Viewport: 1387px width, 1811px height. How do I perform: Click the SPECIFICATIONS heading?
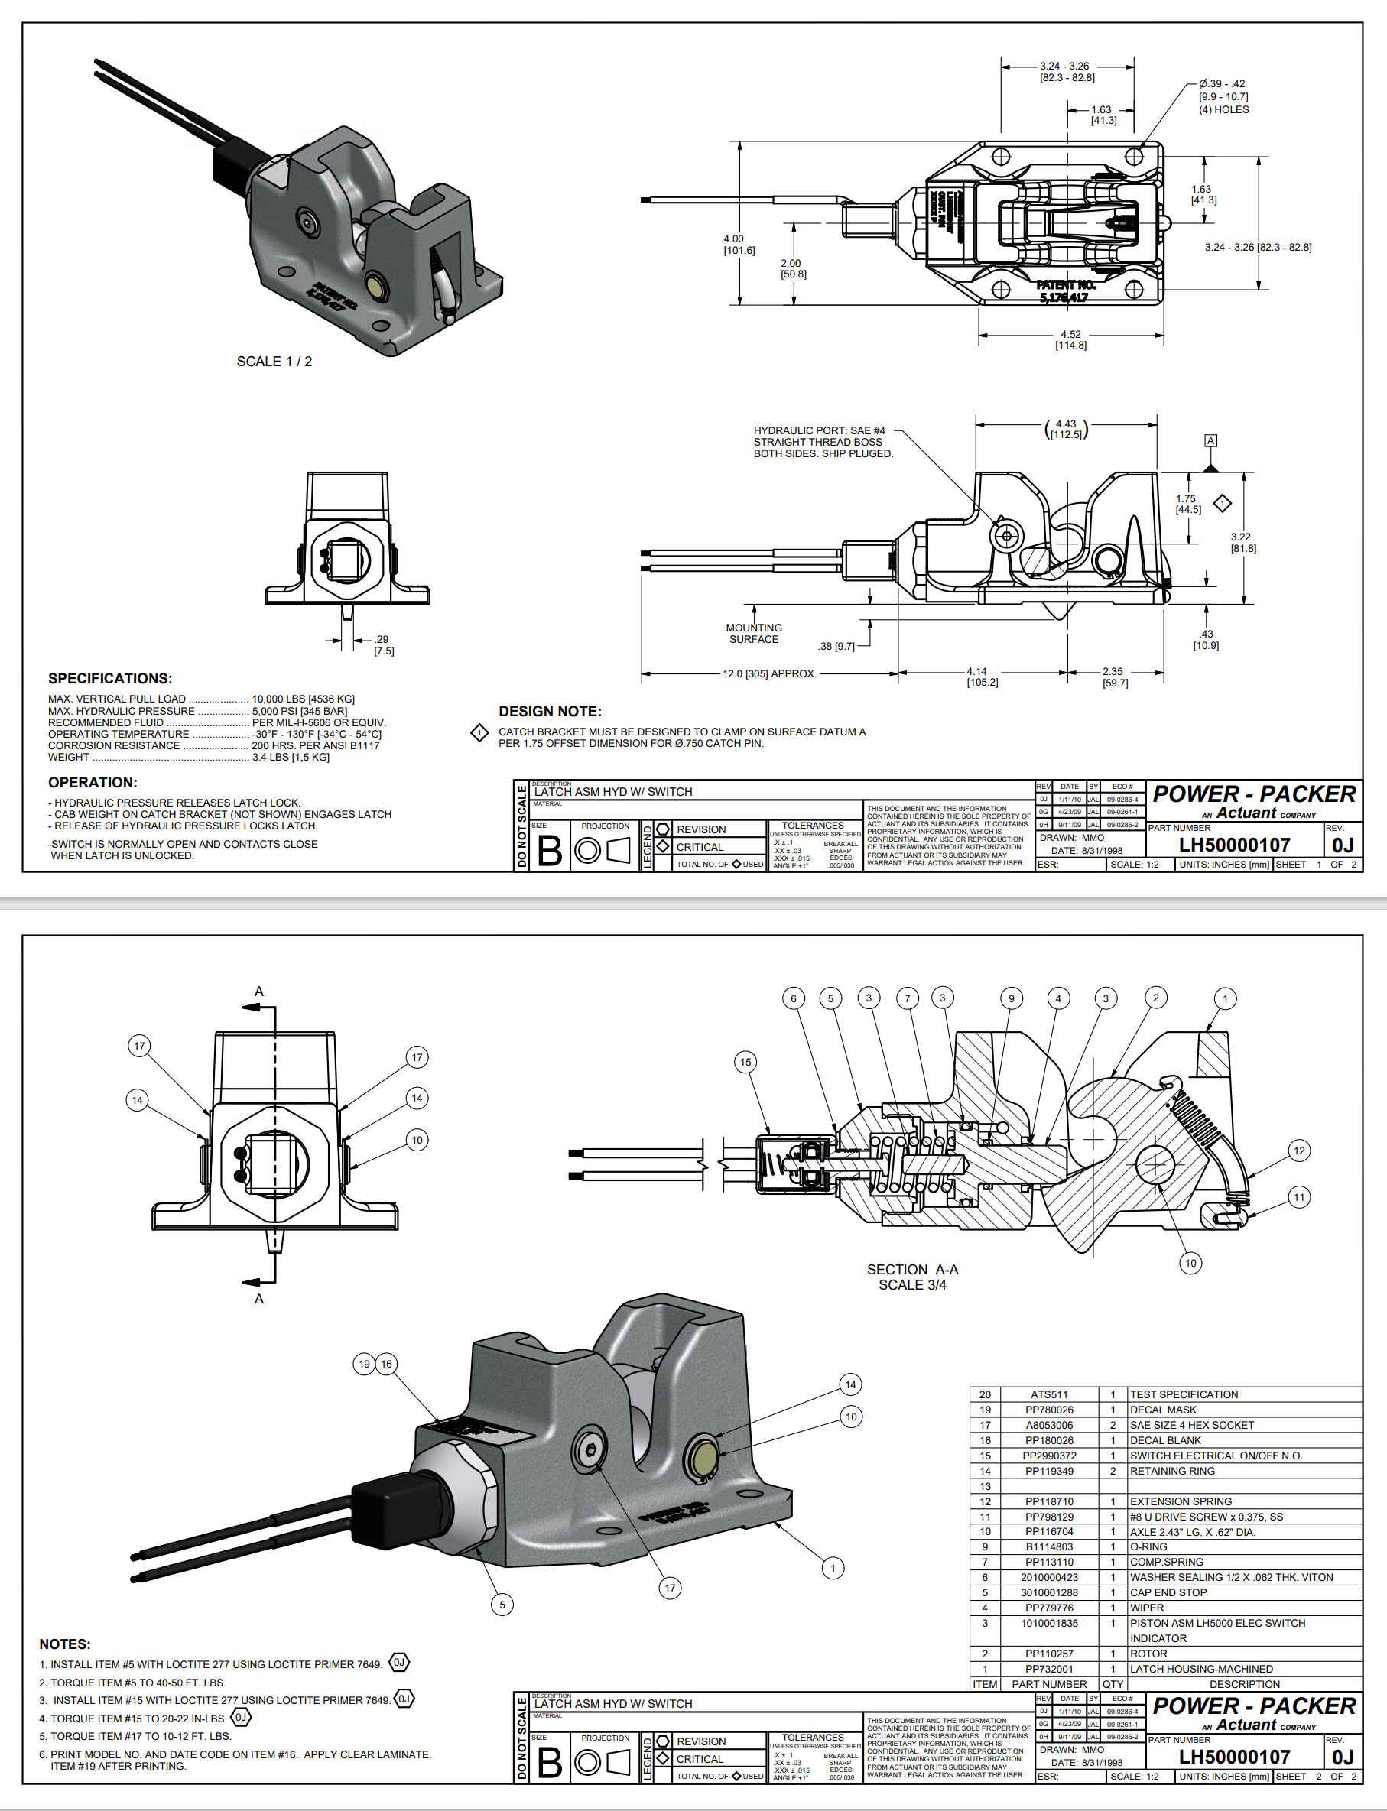(x=110, y=679)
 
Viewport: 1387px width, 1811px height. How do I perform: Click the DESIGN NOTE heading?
(x=550, y=712)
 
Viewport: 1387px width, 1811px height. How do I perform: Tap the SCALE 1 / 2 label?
(x=274, y=362)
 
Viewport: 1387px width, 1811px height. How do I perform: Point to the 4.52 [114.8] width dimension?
(x=1070, y=340)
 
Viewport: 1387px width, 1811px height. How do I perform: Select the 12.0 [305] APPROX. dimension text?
(x=769, y=673)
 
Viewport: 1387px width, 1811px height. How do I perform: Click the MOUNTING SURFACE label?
(x=754, y=634)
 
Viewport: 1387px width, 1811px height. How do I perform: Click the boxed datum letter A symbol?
(x=1210, y=441)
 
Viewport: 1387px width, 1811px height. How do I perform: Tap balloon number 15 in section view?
(x=745, y=1063)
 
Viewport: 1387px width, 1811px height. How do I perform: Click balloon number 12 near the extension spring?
(x=1300, y=1151)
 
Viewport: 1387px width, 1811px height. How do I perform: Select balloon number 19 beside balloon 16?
(x=364, y=1364)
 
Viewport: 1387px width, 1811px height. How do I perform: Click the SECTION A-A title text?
(x=912, y=1270)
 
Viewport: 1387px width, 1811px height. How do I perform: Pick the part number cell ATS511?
(x=1049, y=1394)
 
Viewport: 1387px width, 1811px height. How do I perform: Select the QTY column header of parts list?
(x=1113, y=1684)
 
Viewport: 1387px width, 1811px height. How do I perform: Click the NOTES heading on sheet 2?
(x=64, y=1644)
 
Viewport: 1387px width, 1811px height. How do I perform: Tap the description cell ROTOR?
(x=1148, y=1654)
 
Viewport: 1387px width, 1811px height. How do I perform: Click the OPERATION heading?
(x=93, y=783)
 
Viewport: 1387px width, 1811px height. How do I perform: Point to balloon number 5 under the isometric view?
(x=502, y=1605)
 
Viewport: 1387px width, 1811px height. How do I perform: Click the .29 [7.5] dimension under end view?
(x=383, y=644)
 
